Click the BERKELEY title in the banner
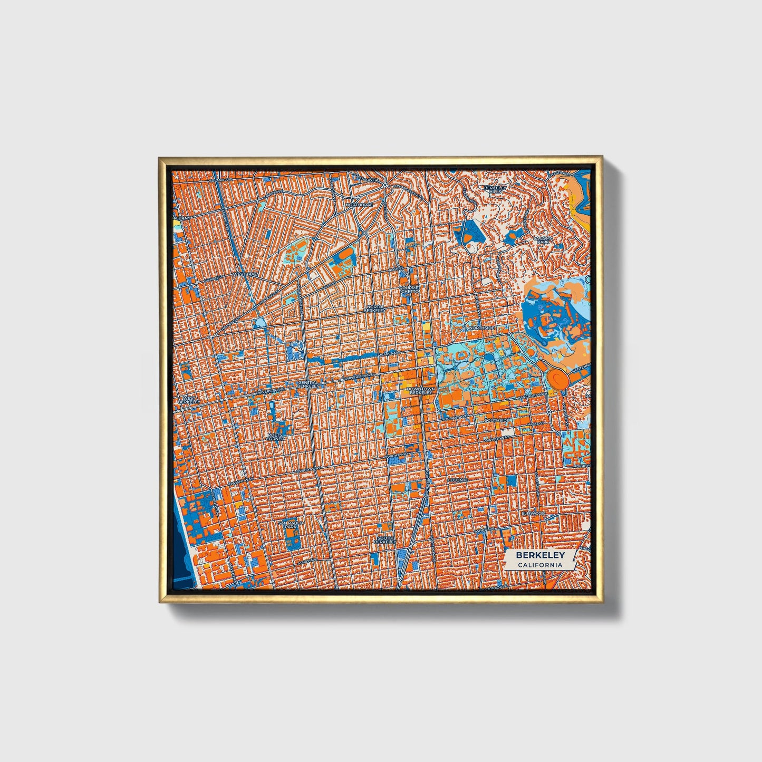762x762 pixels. coord(540,555)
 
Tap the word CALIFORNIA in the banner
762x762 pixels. coord(540,565)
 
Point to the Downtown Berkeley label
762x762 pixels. coord(422,391)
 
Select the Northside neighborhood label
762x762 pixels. coord(481,328)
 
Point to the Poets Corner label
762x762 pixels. coord(276,437)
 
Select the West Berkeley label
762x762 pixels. coord(188,400)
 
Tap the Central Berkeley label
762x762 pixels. coord(308,384)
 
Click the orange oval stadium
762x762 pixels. coord(558,378)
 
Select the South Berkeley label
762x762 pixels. coord(384,539)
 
